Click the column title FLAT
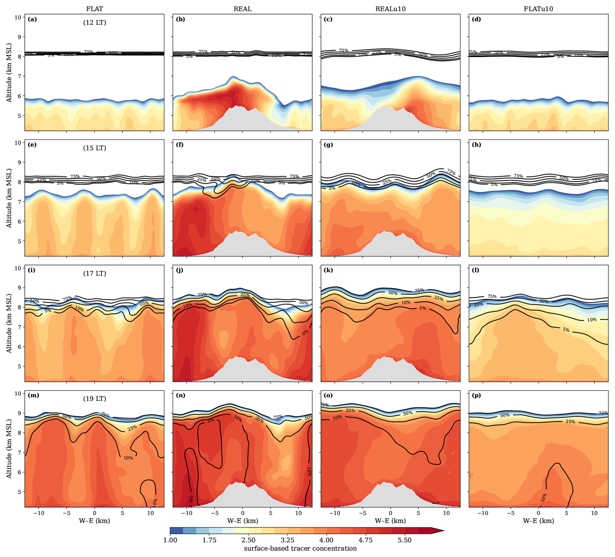click(x=94, y=9)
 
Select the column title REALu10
click(x=390, y=9)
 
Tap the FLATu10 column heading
click(x=538, y=9)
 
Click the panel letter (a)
click(x=33, y=19)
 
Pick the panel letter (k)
click(x=328, y=270)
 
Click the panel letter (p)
click(x=476, y=395)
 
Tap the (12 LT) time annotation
click(x=94, y=23)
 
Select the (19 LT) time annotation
click(x=94, y=399)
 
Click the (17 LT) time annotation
click(x=94, y=273)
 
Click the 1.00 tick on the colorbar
click(x=170, y=540)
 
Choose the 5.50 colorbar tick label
click(x=404, y=540)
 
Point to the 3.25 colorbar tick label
click(x=287, y=540)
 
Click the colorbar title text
click(x=300, y=549)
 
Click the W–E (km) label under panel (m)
click(x=94, y=521)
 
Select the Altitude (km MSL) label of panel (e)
click(x=9, y=198)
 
